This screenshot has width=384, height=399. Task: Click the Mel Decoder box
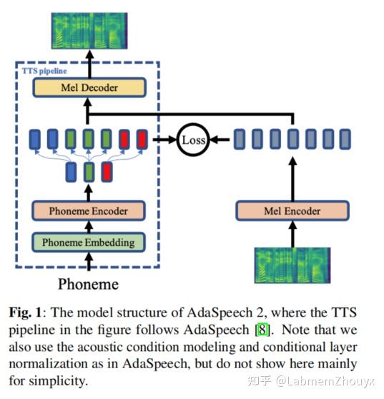(x=89, y=88)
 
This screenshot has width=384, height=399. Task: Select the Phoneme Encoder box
(x=89, y=211)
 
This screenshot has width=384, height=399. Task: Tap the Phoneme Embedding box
(x=89, y=242)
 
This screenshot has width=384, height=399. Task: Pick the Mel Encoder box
(x=292, y=211)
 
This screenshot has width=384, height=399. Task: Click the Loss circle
(x=193, y=140)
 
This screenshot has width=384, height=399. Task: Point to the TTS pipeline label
(x=44, y=71)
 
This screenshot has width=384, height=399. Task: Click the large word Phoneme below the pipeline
(x=89, y=284)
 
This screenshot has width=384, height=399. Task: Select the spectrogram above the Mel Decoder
(x=89, y=31)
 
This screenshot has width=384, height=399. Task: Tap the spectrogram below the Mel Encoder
(x=292, y=265)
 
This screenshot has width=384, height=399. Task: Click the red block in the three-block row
(x=107, y=172)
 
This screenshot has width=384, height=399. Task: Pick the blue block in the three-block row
(x=71, y=172)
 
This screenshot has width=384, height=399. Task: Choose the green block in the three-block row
(x=89, y=172)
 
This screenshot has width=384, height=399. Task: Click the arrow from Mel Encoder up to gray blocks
(x=292, y=179)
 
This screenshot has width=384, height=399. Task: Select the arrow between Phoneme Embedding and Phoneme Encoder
(x=89, y=227)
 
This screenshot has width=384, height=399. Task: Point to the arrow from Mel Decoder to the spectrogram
(x=89, y=64)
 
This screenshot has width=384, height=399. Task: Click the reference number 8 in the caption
(x=262, y=330)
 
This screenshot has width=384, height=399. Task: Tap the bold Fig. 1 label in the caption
(x=25, y=312)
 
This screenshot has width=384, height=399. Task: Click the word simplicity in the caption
(x=58, y=381)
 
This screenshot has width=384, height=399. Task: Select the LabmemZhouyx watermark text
(x=325, y=381)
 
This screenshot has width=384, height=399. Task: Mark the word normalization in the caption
(x=49, y=364)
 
